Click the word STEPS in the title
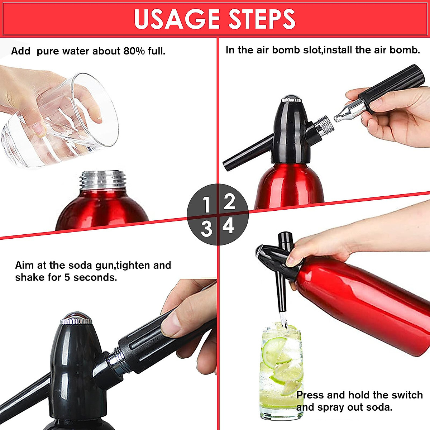(x=262, y=19)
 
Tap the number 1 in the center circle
(x=206, y=205)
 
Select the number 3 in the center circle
(x=206, y=229)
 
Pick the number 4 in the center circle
(x=228, y=226)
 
